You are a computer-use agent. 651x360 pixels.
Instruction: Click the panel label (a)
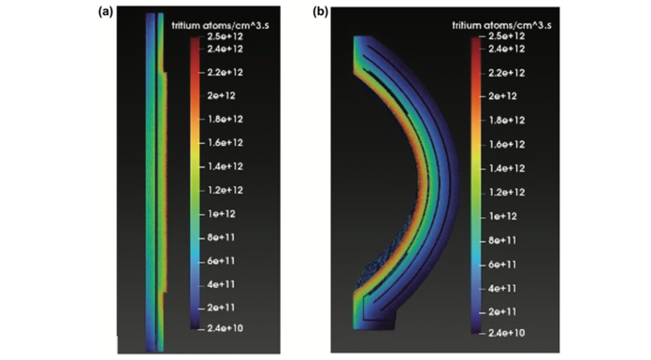coord(106,11)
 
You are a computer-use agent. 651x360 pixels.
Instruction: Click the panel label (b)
coord(320,11)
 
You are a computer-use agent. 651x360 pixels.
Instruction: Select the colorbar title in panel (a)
coord(221,25)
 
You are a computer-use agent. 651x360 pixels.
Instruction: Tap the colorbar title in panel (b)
coord(501,25)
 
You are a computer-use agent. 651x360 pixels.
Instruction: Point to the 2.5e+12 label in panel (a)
coord(225,36)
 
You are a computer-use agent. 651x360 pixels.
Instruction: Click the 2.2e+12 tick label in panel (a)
coord(225,72)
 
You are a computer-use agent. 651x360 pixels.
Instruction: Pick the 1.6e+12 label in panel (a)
coord(225,143)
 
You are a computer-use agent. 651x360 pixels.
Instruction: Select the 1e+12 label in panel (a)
coord(222,214)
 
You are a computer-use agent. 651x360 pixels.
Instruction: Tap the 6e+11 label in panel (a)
coord(222,261)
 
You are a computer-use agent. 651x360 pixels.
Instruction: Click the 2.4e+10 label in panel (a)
coord(225,328)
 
